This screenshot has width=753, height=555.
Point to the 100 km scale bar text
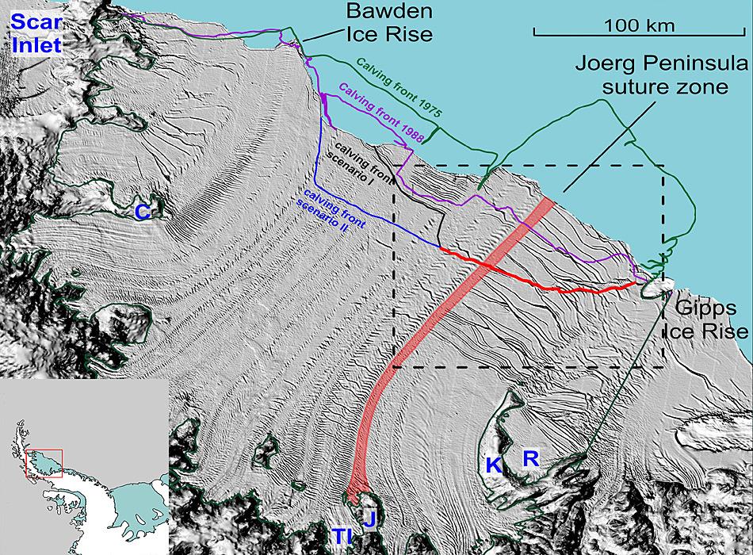(639, 25)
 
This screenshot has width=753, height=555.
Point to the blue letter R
(530, 457)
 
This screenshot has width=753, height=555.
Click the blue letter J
(369, 519)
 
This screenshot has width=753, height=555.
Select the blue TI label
(342, 537)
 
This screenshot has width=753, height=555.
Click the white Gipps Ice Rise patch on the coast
(657, 286)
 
